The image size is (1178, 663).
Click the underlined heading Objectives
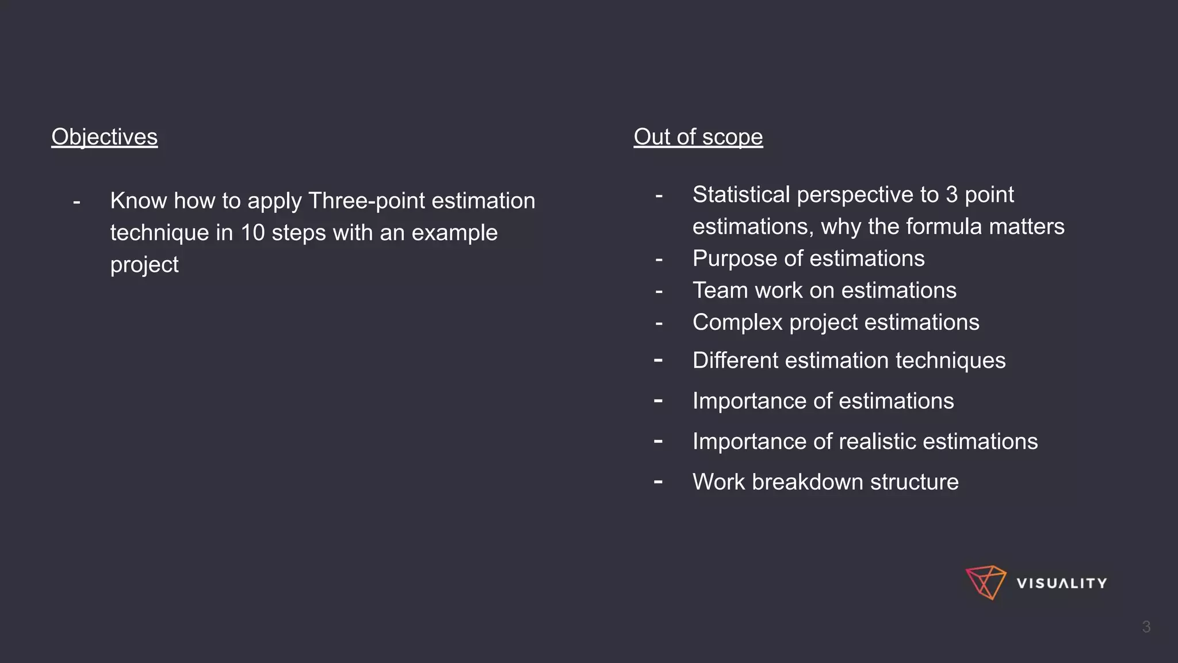pos(104,137)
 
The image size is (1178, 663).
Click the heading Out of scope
pos(698,137)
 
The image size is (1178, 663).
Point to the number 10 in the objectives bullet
pos(253,233)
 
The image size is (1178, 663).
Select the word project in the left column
pos(144,265)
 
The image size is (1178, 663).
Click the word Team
pos(719,291)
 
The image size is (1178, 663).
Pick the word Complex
pos(737,322)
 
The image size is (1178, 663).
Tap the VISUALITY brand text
pos(1061,584)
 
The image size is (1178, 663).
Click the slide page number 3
pos(1146,627)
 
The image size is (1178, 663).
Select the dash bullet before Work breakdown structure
pos(659,482)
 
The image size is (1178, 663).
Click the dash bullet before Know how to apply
pos(77,202)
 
